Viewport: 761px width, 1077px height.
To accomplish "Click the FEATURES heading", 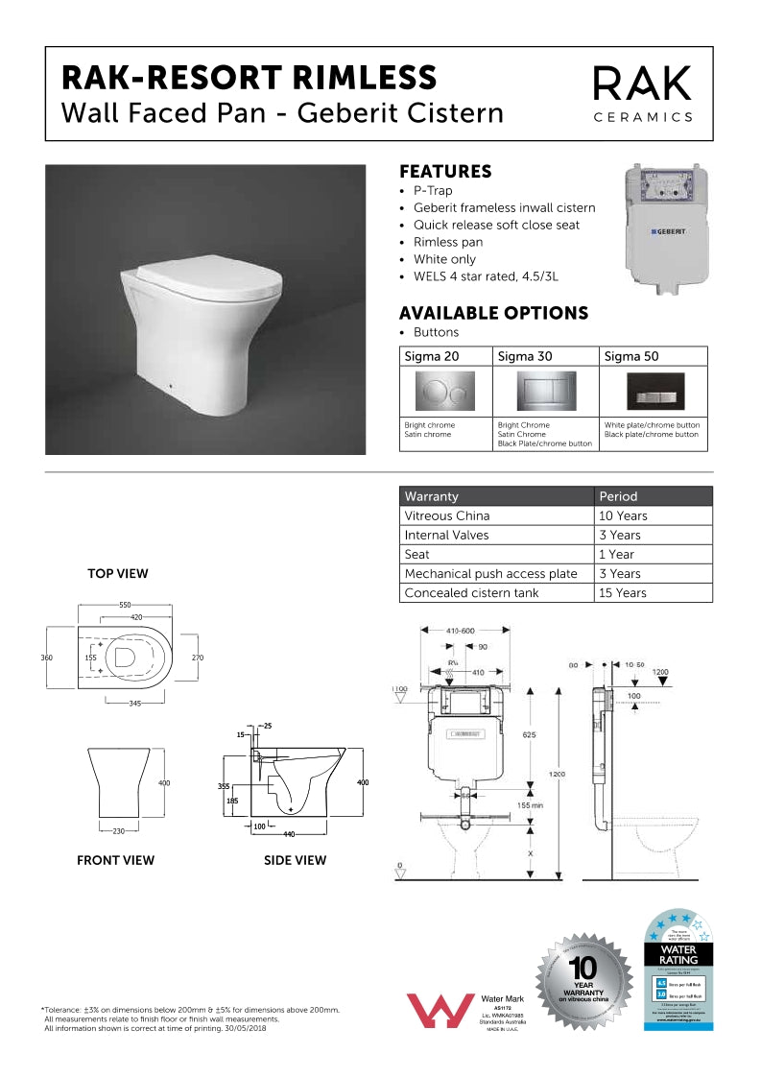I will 445,172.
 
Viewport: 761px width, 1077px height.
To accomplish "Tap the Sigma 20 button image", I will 444,391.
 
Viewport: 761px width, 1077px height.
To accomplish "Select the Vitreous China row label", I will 447,515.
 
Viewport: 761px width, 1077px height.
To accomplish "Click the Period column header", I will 618,496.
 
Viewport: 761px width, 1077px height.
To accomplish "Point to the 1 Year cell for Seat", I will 616,554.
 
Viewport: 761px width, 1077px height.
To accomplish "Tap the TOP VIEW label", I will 118,574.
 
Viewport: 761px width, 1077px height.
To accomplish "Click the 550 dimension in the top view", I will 125,606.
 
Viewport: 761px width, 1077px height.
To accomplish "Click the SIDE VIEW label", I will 295,861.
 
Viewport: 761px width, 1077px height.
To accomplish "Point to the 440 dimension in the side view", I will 289,835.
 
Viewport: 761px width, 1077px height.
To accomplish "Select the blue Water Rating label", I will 678,971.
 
